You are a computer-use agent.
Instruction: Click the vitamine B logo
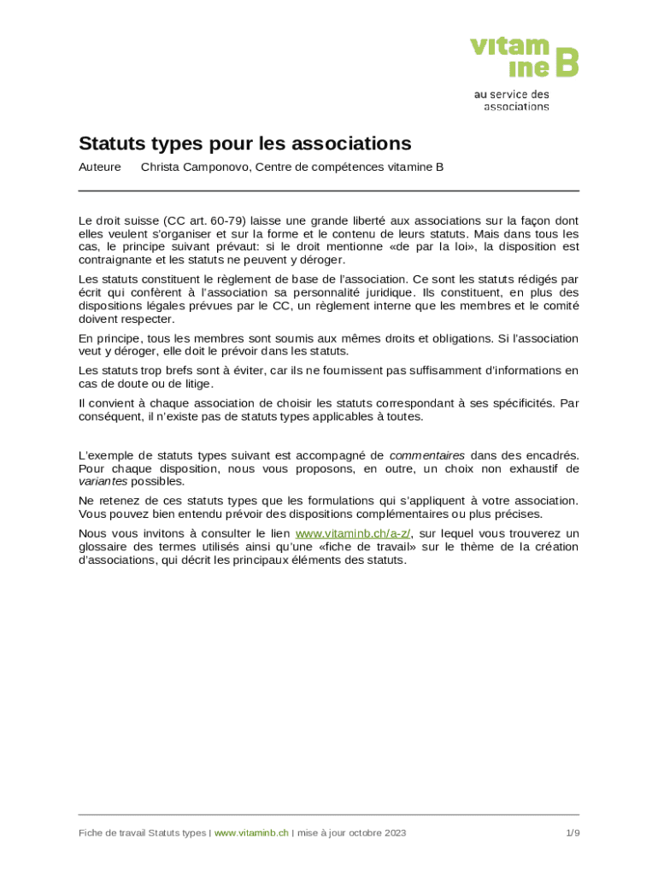[x=524, y=56]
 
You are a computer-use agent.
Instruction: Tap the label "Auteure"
[x=99, y=167]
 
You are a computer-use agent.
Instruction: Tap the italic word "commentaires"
[x=426, y=455]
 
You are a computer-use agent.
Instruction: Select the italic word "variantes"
[x=103, y=481]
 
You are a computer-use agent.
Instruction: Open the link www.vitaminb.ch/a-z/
[x=352, y=534]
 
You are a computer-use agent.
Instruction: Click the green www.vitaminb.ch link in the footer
[x=251, y=833]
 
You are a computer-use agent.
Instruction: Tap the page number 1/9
[x=572, y=833]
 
